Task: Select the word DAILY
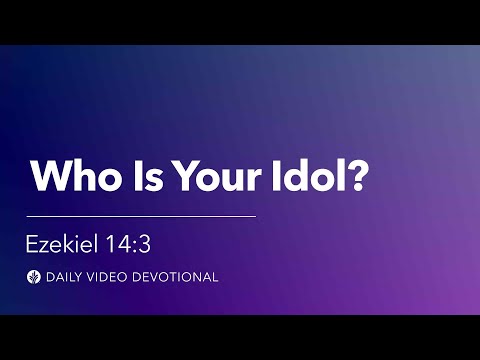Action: [63, 277]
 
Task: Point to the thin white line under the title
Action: [141, 215]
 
